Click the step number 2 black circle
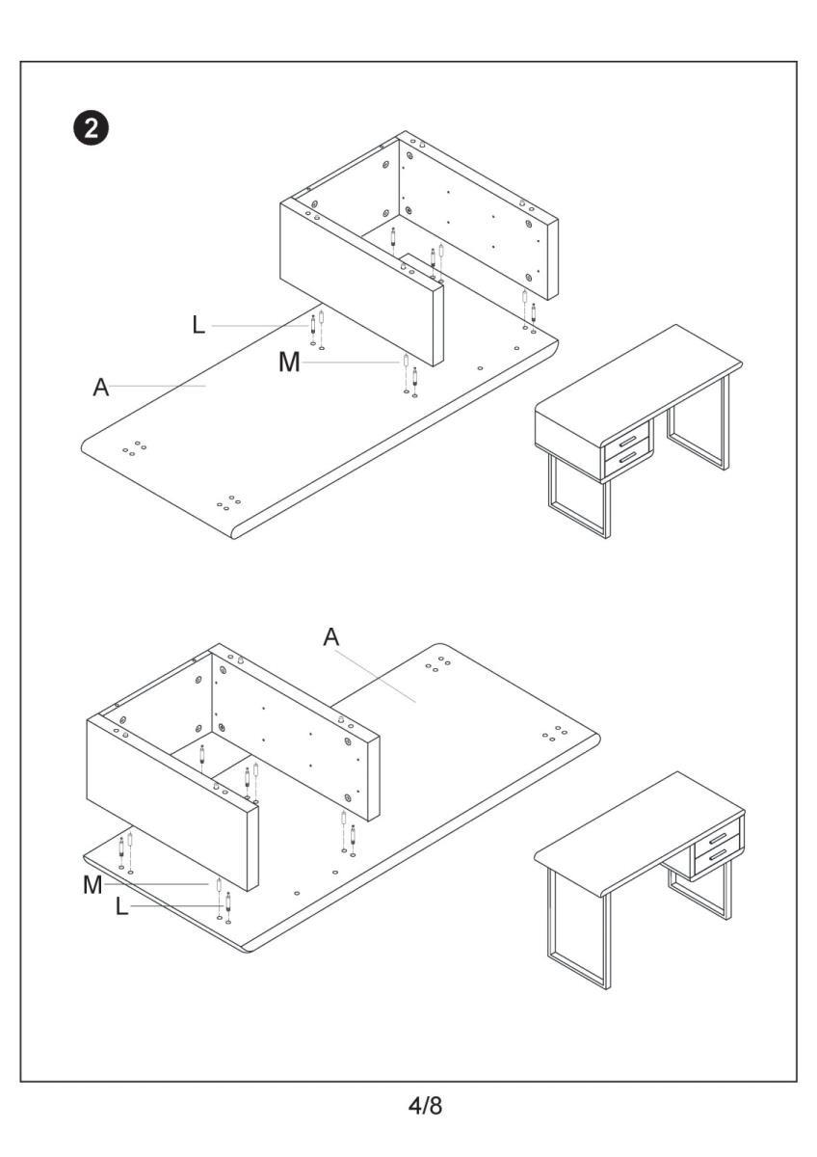tap(93, 129)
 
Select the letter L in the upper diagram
tap(199, 325)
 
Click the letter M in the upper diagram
tap(288, 363)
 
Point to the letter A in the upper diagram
tap(100, 387)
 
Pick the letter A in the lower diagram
tap(331, 636)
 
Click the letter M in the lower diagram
tap(92, 885)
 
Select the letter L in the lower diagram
tap(121, 907)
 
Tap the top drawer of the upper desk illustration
tap(627, 439)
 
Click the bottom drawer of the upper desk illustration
tap(628, 460)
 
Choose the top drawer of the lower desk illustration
tap(717, 840)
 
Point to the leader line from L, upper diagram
tap(260, 326)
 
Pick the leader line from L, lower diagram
tap(173, 907)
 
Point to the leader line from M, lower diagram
tap(154, 884)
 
